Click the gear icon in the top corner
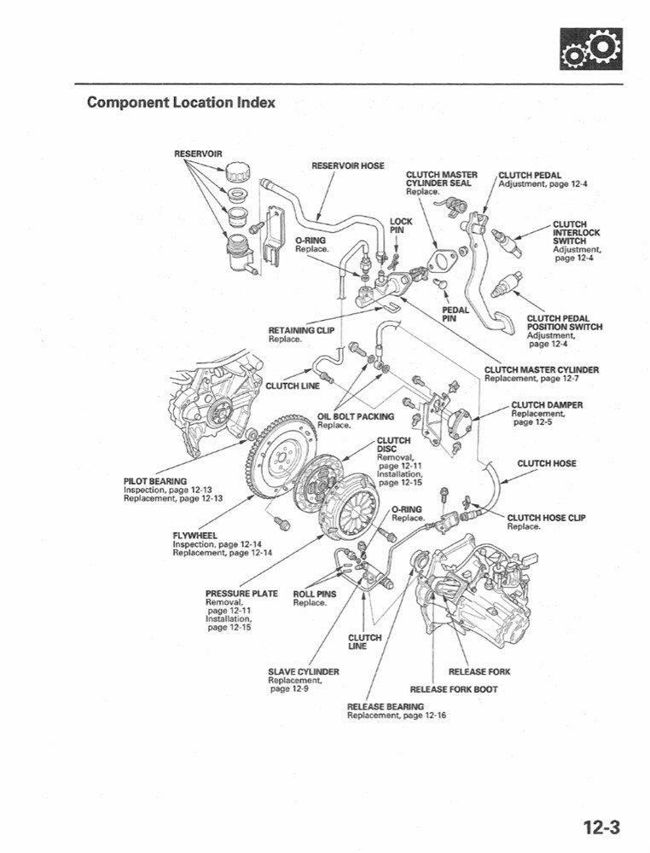pyautogui.click(x=590, y=49)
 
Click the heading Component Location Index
pyautogui.click(x=181, y=103)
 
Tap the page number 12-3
pyautogui.click(x=601, y=827)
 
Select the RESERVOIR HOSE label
pyautogui.click(x=347, y=165)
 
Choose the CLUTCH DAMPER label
pyautogui.click(x=547, y=404)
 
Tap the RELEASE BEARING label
pyautogui.click(x=386, y=706)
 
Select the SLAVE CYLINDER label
pyautogui.click(x=303, y=671)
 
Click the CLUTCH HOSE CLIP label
pyautogui.click(x=546, y=518)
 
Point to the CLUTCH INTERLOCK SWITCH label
pyautogui.click(x=576, y=233)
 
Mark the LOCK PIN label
pyautogui.click(x=401, y=225)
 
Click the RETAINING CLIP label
pyautogui.click(x=301, y=330)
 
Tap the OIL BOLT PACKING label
pyautogui.click(x=356, y=416)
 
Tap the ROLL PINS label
pyautogui.click(x=315, y=594)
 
